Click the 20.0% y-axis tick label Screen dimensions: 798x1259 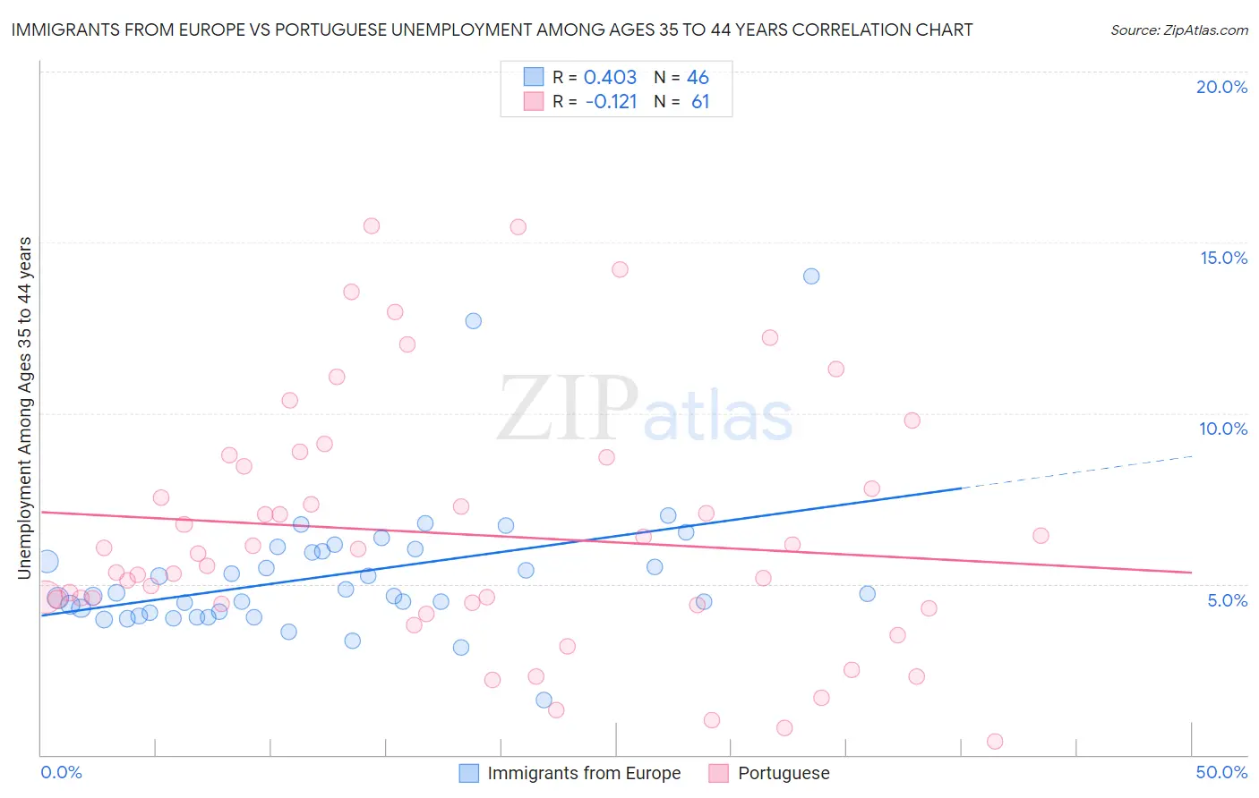click(x=1221, y=87)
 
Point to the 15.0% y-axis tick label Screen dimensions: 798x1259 click(x=1223, y=258)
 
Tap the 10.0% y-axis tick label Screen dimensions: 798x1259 click(x=1223, y=429)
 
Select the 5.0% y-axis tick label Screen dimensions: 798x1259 click(x=1227, y=600)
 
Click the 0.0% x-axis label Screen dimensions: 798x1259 click(x=61, y=772)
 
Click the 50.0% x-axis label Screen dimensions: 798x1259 click(x=1221, y=772)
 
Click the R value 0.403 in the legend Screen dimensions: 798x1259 click(x=610, y=78)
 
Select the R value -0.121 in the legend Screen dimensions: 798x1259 click(x=611, y=102)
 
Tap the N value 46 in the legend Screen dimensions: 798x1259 click(x=698, y=78)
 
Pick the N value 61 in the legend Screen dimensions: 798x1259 click(x=700, y=102)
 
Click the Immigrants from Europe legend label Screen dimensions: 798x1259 click(x=584, y=773)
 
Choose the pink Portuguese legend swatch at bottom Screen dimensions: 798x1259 click(x=718, y=773)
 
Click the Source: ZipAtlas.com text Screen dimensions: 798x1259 click(x=1178, y=30)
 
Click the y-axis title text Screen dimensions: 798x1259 click(x=25, y=408)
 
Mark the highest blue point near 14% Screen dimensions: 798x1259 click(x=811, y=276)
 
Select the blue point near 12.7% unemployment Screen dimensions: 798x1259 click(x=474, y=320)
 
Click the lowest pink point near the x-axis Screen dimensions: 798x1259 click(x=995, y=741)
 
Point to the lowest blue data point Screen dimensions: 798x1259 click(x=544, y=700)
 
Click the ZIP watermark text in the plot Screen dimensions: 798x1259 click(x=567, y=408)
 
